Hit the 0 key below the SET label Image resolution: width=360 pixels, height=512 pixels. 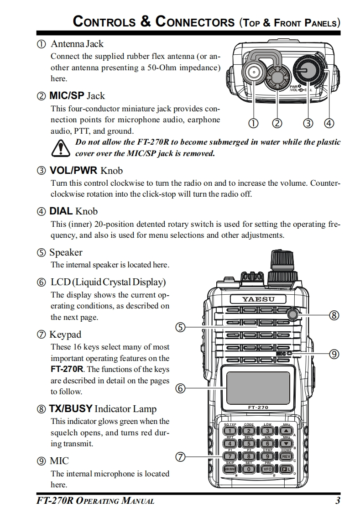click(x=249, y=469)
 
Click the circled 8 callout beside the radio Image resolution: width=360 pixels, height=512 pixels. click(x=334, y=315)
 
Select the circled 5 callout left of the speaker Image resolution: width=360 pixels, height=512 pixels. click(x=180, y=327)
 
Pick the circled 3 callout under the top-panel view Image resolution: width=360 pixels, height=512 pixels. click(x=309, y=123)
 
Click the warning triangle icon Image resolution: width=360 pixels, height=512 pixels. click(x=60, y=148)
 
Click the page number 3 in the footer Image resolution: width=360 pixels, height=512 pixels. click(x=338, y=501)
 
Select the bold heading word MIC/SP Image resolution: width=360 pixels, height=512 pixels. click(x=67, y=96)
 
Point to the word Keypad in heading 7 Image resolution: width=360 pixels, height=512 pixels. click(x=65, y=334)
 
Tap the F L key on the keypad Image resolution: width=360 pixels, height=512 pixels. click(x=286, y=469)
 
